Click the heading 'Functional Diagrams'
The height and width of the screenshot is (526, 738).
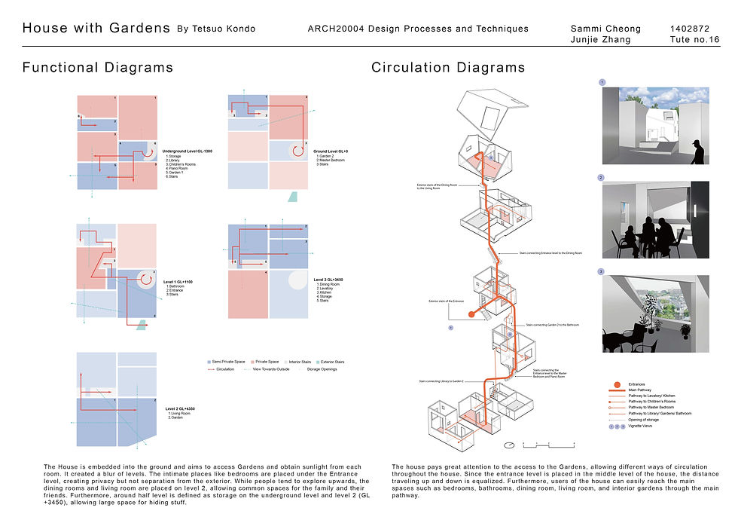(x=98, y=68)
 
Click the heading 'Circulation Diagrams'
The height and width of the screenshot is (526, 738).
(x=448, y=68)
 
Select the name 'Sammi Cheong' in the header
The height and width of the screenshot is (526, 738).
(x=606, y=29)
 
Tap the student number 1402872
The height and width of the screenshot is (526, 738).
(x=689, y=29)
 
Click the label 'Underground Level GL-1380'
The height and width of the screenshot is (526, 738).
(x=187, y=151)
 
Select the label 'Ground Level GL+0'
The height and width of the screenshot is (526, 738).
(x=331, y=151)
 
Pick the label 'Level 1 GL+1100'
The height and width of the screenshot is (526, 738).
(x=178, y=282)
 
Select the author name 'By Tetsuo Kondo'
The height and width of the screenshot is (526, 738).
(x=215, y=29)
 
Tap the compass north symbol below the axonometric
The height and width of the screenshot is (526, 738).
(x=510, y=443)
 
